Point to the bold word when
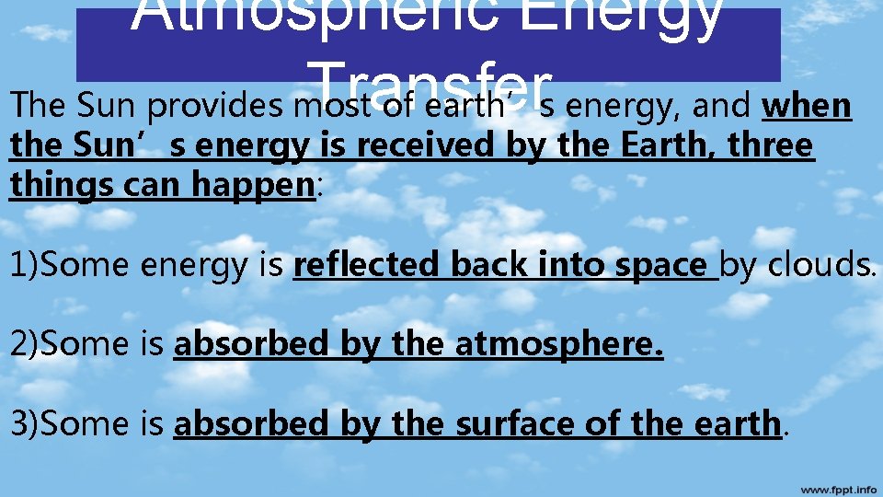pos(807,106)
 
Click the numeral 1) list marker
pos(25,265)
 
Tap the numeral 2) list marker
pos(25,344)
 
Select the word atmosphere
pos(559,344)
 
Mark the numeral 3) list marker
pos(25,423)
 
